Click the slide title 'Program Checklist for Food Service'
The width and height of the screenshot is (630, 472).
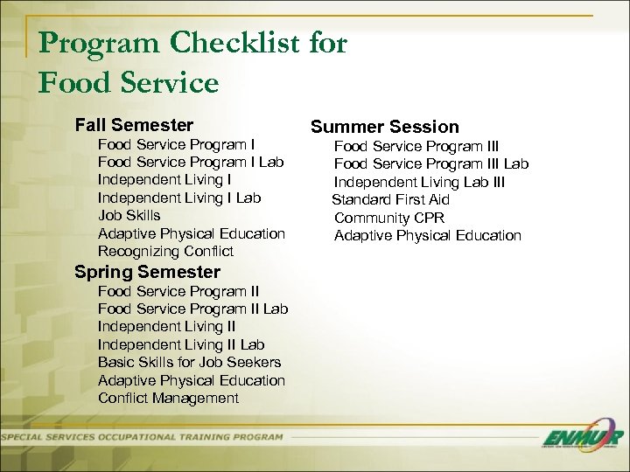click(192, 61)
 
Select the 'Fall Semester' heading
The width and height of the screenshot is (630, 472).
click(134, 125)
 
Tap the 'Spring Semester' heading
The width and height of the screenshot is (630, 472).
click(147, 272)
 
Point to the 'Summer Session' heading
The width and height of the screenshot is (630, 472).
click(386, 127)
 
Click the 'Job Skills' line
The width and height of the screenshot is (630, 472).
click(129, 215)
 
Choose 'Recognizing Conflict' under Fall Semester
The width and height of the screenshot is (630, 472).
click(165, 251)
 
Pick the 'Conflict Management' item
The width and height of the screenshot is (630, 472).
click(168, 398)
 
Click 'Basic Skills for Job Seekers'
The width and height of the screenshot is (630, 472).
click(189, 362)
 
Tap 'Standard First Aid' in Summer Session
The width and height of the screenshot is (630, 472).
click(391, 200)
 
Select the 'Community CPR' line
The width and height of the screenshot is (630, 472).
click(388, 218)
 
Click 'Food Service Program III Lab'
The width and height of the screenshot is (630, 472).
click(431, 164)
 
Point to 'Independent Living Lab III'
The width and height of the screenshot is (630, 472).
click(419, 182)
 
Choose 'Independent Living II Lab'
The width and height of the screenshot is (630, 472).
click(181, 344)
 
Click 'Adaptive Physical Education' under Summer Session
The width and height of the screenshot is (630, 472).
click(427, 235)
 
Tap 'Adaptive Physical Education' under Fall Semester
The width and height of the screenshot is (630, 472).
click(192, 233)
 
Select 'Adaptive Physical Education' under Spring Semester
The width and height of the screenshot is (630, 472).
click(192, 380)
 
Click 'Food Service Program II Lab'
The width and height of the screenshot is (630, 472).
click(192, 309)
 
